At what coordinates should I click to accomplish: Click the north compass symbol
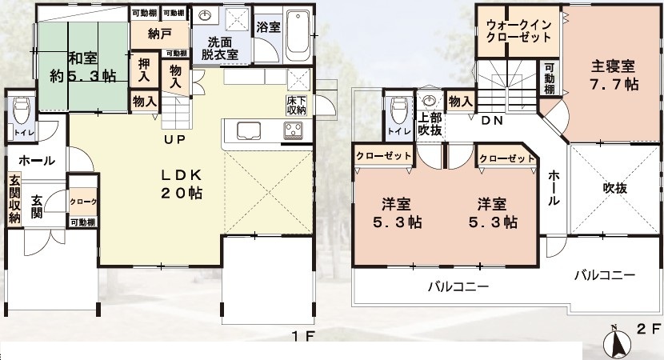click(617, 342)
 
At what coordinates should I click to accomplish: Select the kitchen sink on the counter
click(249, 130)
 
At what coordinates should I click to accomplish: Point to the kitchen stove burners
click(293, 130)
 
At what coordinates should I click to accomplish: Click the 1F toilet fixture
click(20, 110)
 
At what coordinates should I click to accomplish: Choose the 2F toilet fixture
click(398, 110)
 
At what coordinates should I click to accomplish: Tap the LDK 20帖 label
click(182, 184)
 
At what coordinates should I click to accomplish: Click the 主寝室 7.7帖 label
click(614, 75)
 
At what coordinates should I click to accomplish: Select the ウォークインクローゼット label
click(518, 30)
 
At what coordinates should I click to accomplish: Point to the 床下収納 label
click(297, 105)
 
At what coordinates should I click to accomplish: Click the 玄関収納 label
click(15, 199)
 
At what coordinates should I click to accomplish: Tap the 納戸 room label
click(160, 34)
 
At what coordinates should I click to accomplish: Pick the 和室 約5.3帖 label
click(83, 66)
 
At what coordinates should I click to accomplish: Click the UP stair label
click(175, 139)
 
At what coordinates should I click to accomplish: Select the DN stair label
click(492, 121)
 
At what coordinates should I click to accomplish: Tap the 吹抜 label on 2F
click(615, 188)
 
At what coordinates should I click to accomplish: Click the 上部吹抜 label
click(430, 124)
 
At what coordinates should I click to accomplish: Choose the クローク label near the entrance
click(83, 202)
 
